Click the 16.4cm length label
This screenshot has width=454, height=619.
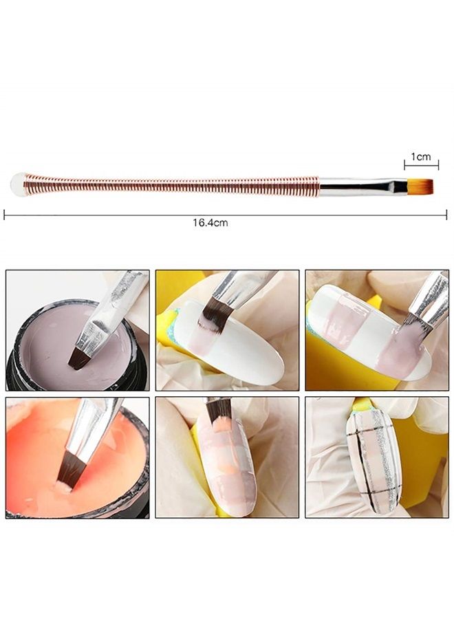coord(210,223)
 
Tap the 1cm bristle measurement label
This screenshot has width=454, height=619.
coord(421,157)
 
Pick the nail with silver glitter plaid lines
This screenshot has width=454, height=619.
coord(371,457)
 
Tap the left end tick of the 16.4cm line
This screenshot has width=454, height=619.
coord(5,215)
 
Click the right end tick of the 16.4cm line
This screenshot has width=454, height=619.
coord(446,215)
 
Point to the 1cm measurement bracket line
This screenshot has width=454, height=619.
coord(421,165)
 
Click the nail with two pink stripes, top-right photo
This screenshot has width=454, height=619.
coord(365,330)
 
